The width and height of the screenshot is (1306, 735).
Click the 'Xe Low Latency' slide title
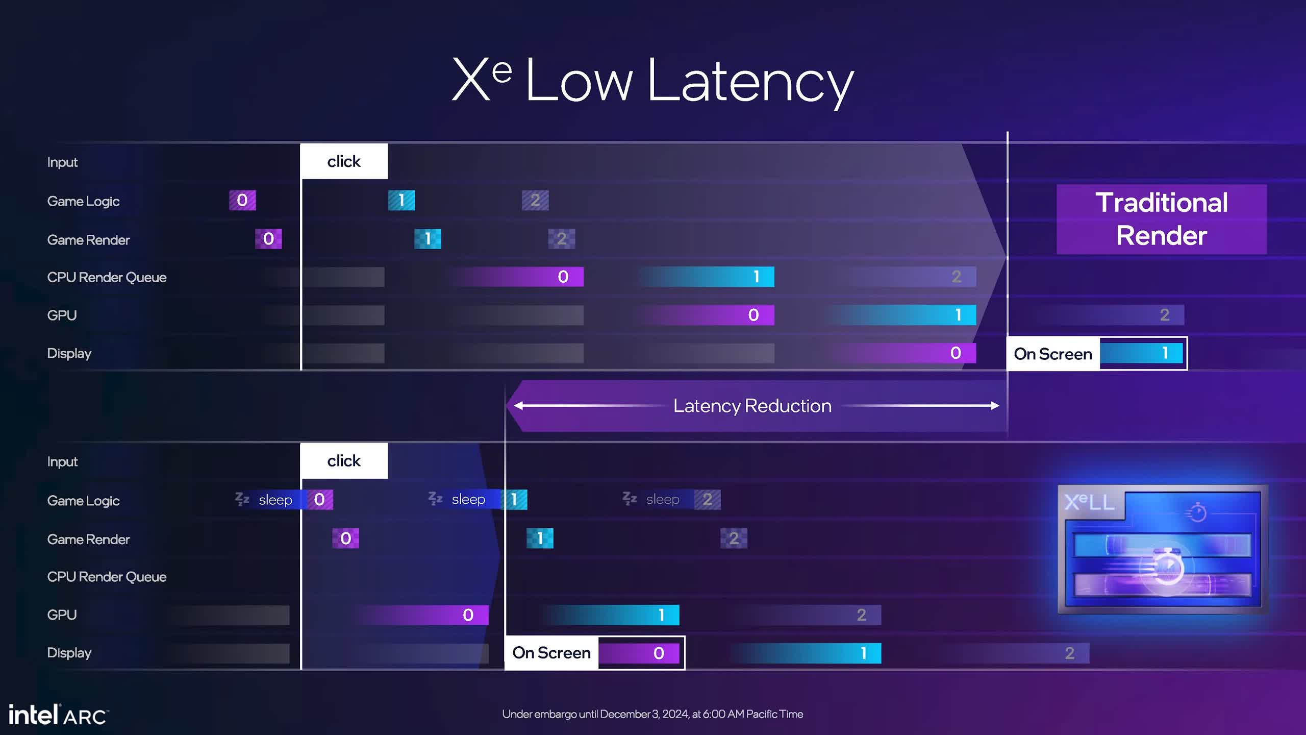[653, 81]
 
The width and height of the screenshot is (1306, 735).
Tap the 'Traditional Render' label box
[1161, 219]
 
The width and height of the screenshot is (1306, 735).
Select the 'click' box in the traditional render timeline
[344, 161]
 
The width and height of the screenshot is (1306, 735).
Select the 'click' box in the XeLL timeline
[344, 461]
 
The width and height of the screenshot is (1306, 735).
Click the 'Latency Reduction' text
[752, 406]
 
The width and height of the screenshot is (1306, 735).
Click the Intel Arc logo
[58, 715]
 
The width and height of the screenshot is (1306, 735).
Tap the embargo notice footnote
[652, 714]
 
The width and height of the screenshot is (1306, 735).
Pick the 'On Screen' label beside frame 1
[1052, 354]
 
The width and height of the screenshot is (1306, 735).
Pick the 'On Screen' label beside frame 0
[551, 653]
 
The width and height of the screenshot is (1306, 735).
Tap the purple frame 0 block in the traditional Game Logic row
[242, 200]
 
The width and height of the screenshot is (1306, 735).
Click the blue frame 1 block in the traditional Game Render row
[428, 239]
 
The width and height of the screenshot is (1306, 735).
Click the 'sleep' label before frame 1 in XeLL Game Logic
[468, 499]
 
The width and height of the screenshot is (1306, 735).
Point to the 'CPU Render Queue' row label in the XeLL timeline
[107, 577]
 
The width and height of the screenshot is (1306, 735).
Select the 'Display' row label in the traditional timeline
[69, 353]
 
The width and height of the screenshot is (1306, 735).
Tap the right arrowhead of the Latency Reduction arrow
[994, 406]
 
